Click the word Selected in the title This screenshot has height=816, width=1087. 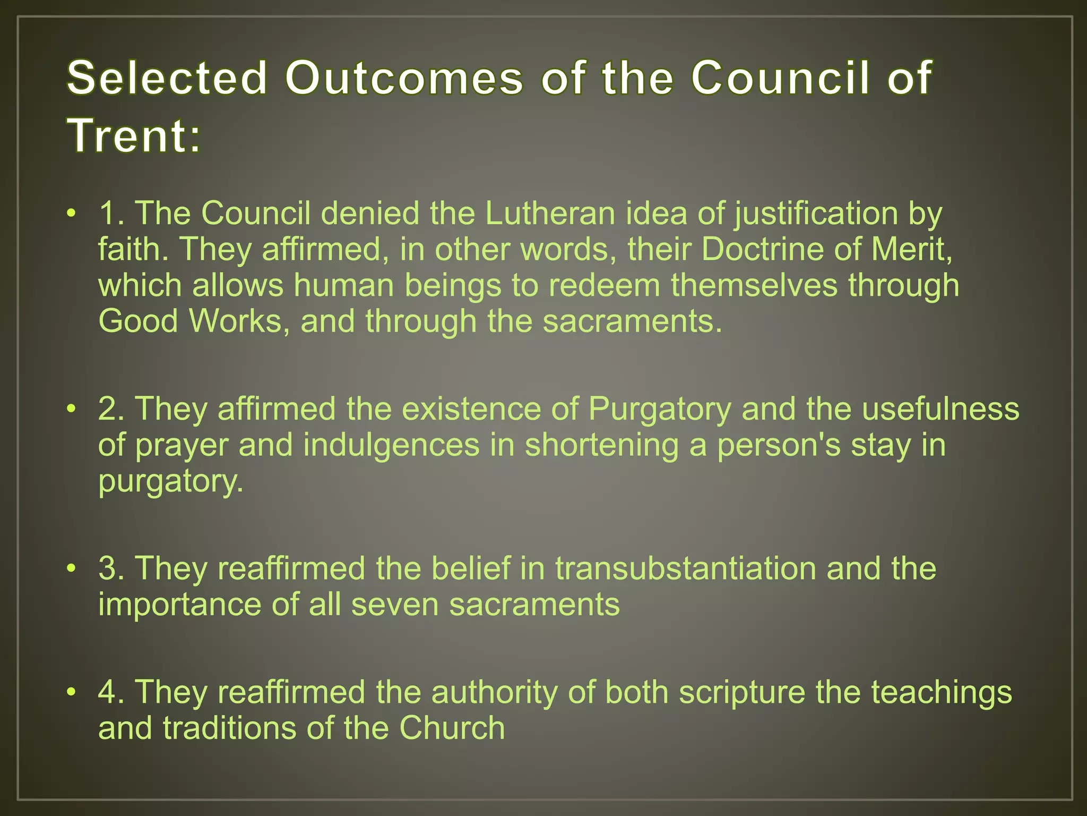tap(167, 78)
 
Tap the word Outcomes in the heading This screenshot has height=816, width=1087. tap(404, 78)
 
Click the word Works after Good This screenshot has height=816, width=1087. tap(236, 321)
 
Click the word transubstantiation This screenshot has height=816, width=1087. tap(685, 568)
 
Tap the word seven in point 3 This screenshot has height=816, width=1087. tap(395, 604)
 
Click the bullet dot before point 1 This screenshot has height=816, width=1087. tap(72, 214)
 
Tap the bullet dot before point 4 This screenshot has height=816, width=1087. tap(72, 693)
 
